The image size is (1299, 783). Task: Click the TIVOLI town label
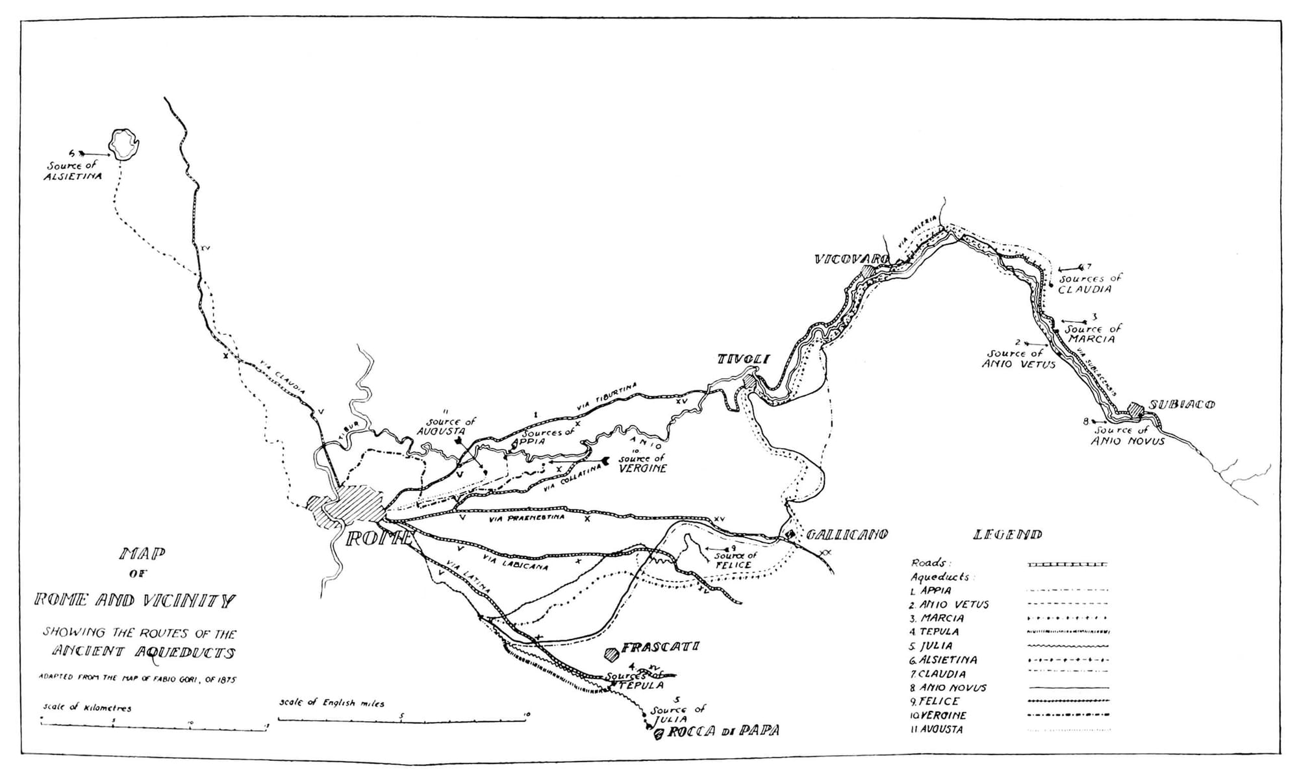click(x=743, y=359)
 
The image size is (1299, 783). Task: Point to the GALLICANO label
click(x=847, y=534)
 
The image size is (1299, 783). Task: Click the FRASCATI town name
click(x=660, y=647)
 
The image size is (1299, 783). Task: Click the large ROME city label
click(x=379, y=538)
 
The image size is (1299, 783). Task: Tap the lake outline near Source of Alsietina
click(x=124, y=144)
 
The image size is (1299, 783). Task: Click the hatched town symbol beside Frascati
click(x=611, y=652)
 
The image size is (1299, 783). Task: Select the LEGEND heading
click(x=1007, y=534)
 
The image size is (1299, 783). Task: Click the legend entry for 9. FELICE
click(x=935, y=701)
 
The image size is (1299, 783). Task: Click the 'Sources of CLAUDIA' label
click(x=1091, y=284)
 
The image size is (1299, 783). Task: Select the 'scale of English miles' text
click(x=332, y=702)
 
